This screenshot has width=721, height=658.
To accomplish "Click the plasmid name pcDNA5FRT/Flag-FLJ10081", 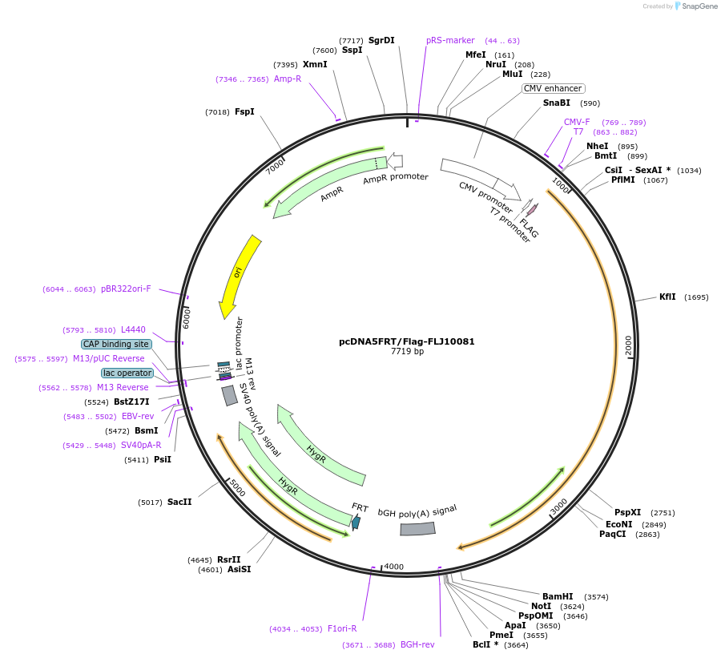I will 406,341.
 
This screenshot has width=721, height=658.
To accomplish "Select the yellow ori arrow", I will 238,277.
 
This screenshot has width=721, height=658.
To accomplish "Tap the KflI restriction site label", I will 667,297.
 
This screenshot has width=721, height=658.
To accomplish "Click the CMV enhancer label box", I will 553,88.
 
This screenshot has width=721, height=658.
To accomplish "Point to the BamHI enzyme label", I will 558,596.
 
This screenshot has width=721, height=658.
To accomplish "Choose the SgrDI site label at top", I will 381,40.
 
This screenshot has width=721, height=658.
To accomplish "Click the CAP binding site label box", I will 116,344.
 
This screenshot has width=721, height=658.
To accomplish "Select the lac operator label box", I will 127,373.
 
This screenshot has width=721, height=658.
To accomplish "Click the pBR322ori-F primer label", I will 126,289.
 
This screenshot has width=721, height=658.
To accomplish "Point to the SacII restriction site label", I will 179,502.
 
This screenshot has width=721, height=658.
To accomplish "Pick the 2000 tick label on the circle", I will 629,345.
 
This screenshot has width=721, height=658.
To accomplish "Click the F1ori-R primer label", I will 342,628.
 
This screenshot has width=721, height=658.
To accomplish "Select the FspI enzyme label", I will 244,111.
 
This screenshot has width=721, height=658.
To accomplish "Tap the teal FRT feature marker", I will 356,523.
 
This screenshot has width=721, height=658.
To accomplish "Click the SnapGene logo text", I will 698,6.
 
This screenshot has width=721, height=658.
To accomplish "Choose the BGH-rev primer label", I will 417,644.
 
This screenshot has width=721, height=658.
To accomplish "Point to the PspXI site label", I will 627,512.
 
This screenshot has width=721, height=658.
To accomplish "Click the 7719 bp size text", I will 406,351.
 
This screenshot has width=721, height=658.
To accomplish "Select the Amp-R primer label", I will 288,79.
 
